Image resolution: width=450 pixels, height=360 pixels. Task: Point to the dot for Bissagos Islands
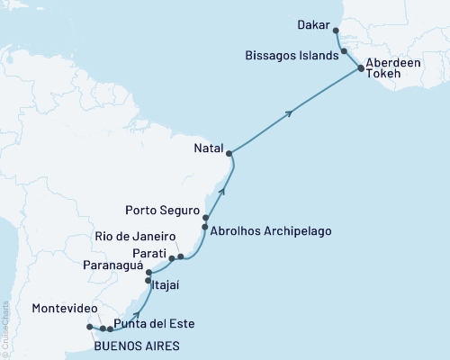(346, 52)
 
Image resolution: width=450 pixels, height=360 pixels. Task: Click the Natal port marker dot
(229, 153)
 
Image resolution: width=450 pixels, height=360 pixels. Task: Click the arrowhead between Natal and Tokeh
(291, 113)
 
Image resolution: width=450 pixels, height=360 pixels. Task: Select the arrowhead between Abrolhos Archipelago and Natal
(221, 191)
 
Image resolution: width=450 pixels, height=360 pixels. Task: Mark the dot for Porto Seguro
(206, 218)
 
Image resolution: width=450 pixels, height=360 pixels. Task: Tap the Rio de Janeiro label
(134, 237)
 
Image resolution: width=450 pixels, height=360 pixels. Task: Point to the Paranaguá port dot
(148, 272)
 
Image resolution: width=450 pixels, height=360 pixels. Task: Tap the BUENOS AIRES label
(135, 346)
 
